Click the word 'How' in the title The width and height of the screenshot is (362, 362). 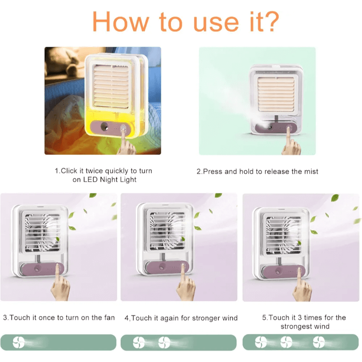pos(121,21)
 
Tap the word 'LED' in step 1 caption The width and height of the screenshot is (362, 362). pos(90,179)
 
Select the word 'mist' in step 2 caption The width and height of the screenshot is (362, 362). pos(311,171)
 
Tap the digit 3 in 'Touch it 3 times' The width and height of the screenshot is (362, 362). pos(300,317)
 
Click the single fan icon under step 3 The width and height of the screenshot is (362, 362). pos(19,342)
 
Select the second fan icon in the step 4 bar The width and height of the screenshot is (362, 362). pos(164,342)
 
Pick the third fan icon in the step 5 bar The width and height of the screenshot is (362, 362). pos(319,342)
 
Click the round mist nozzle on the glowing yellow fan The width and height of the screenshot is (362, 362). pos(105,126)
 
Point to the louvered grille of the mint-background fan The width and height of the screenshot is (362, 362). pos(276,94)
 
